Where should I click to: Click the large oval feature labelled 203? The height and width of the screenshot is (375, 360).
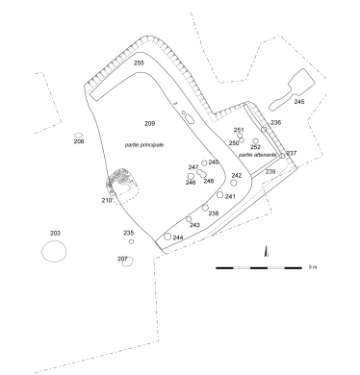tap(41, 251)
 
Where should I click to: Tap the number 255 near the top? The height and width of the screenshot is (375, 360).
tap(139, 62)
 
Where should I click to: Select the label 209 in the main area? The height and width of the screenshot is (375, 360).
tap(150, 123)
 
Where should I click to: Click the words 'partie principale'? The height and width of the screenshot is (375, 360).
tap(144, 145)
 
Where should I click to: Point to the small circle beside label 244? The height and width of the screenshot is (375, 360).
tap(167, 237)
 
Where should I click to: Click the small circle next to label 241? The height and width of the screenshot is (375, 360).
tap(219, 194)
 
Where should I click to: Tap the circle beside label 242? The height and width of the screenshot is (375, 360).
tap(234, 183)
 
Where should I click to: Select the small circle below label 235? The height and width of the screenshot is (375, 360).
tap(131, 241)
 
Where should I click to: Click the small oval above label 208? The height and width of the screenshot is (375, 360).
tap(79, 136)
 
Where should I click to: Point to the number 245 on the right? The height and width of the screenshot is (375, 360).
tap(299, 102)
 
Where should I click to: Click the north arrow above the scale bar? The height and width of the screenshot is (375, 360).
tap(266, 251)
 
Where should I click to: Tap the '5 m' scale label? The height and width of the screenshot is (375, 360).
tap(313, 267)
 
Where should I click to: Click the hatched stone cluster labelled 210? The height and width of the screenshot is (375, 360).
tap(122, 181)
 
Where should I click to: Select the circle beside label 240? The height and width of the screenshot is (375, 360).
tap(204, 163)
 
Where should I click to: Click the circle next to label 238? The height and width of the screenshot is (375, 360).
tap(205, 208)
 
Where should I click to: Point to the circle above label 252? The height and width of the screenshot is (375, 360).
tap(255, 141)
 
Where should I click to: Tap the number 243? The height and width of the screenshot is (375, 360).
tap(194, 225)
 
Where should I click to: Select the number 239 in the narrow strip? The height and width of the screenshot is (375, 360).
tap(270, 172)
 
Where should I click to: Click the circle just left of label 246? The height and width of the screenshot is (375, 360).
tap(191, 176)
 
